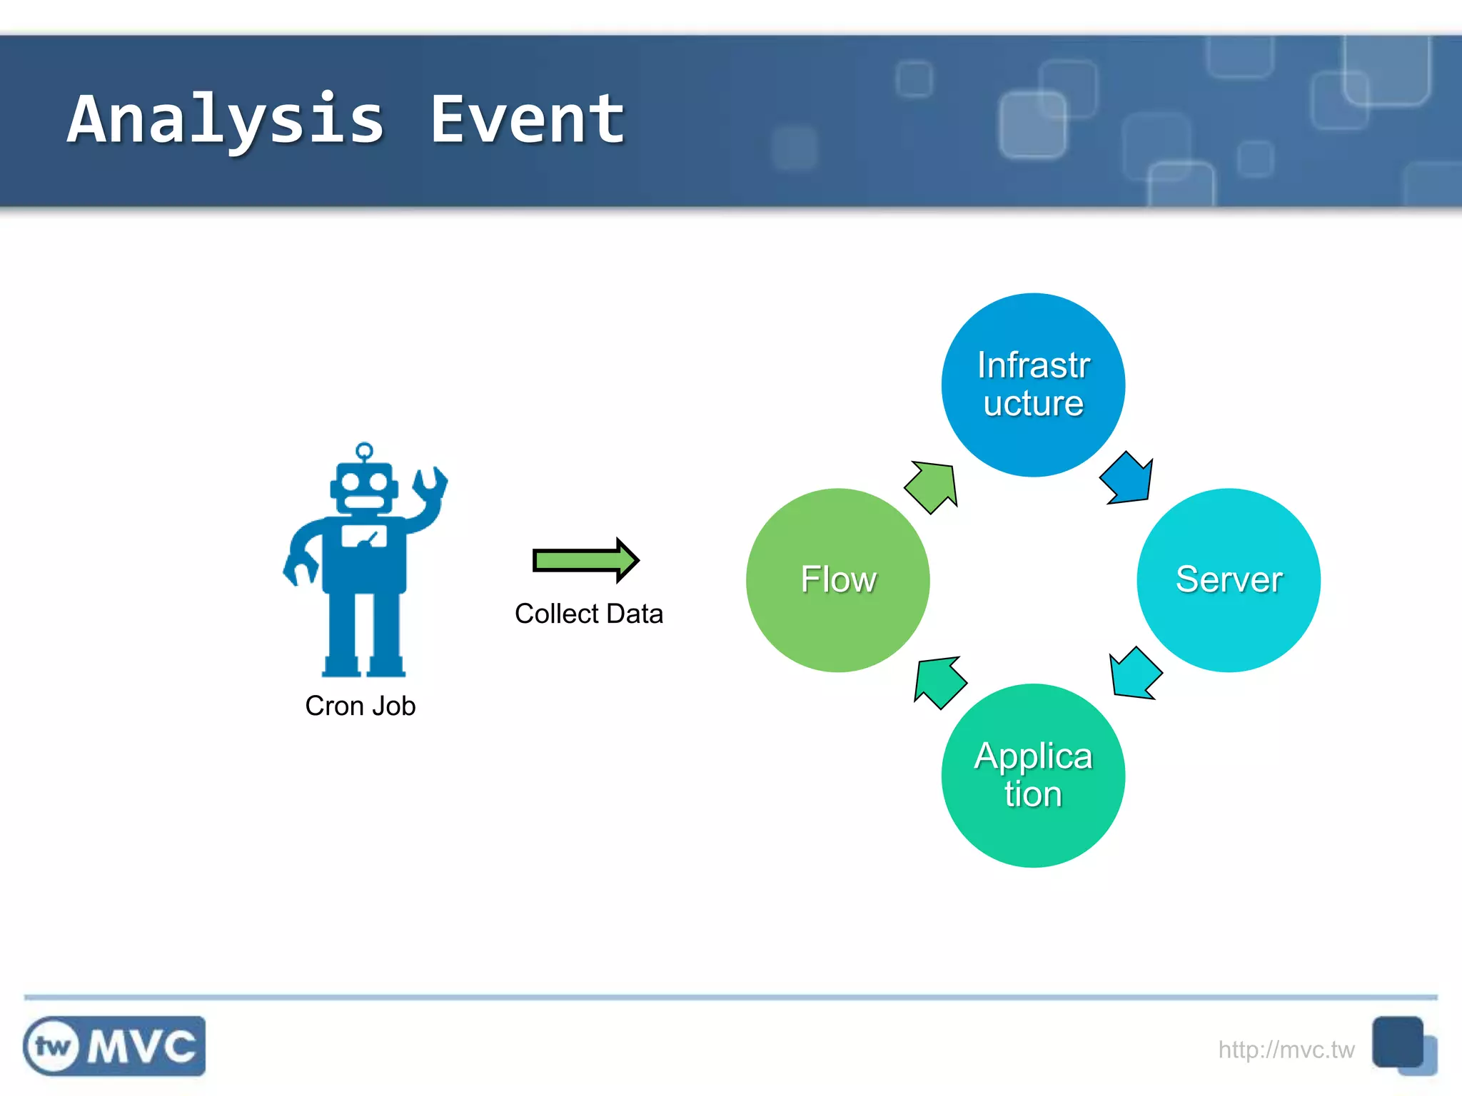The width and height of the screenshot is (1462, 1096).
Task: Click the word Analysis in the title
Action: (227, 120)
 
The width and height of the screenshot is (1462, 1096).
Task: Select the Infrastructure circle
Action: (1033, 385)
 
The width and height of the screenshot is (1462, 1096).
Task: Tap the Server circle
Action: (1229, 579)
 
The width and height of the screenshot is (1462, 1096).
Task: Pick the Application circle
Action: (1033, 776)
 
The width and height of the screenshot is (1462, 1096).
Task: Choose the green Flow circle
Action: (837, 579)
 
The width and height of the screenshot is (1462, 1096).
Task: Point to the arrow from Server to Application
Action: (1135, 673)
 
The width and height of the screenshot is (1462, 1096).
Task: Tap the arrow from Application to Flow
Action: (939, 681)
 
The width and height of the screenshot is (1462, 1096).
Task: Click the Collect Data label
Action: (589, 614)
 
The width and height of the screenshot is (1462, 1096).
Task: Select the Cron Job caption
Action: (361, 706)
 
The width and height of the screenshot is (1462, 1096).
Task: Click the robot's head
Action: (364, 488)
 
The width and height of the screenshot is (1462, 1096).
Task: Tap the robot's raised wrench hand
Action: (430, 485)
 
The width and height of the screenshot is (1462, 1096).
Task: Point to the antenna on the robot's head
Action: (364, 451)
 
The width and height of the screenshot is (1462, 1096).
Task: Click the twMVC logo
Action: (114, 1046)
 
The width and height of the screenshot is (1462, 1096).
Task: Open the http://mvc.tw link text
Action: (1286, 1050)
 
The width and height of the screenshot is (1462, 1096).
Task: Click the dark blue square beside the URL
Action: (1397, 1042)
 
